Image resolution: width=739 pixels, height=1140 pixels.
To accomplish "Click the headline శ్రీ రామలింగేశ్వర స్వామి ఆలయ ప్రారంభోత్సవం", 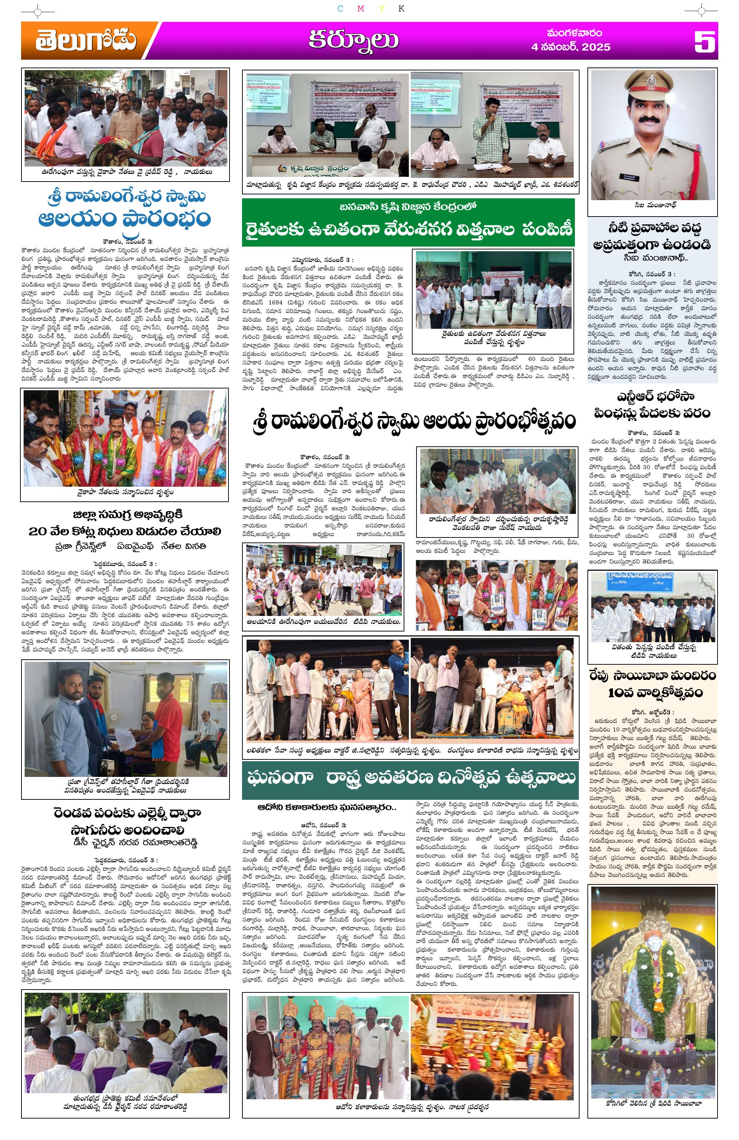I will point(413,421).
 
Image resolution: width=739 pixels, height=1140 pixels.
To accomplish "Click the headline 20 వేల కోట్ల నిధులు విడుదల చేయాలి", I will point(125,531).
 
